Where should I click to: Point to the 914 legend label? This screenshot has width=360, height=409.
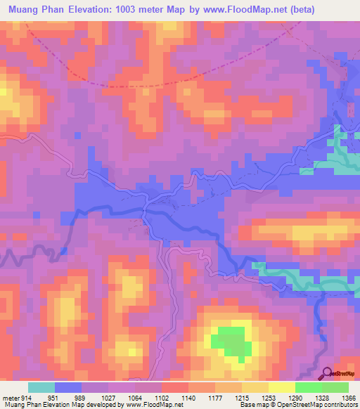(x=27, y=397)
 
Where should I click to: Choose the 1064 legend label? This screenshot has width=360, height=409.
(x=135, y=397)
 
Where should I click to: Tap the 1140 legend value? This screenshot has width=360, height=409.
(x=188, y=397)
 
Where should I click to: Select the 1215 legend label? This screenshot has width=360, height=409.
(x=242, y=397)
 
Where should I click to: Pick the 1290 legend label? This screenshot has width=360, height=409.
(x=295, y=397)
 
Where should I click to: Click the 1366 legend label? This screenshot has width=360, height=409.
(x=348, y=397)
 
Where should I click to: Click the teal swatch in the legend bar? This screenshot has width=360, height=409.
(x=41, y=387)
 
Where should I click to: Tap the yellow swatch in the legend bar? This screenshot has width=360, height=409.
(x=281, y=387)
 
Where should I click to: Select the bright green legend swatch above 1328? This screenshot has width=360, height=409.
(x=308, y=387)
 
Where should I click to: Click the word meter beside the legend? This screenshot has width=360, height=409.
(x=8, y=397)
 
